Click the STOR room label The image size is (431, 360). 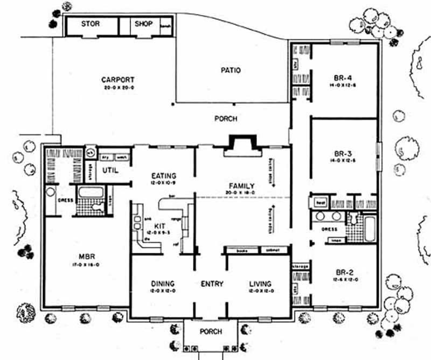coord(91,24)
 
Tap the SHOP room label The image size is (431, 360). coord(144,24)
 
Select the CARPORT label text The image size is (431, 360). coord(117,80)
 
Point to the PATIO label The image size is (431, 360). coord(230,71)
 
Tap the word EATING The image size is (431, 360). coord(164,176)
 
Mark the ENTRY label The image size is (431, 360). coord(212,284)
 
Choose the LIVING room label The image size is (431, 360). coord(260,284)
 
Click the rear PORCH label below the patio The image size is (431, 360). coord(225,119)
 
